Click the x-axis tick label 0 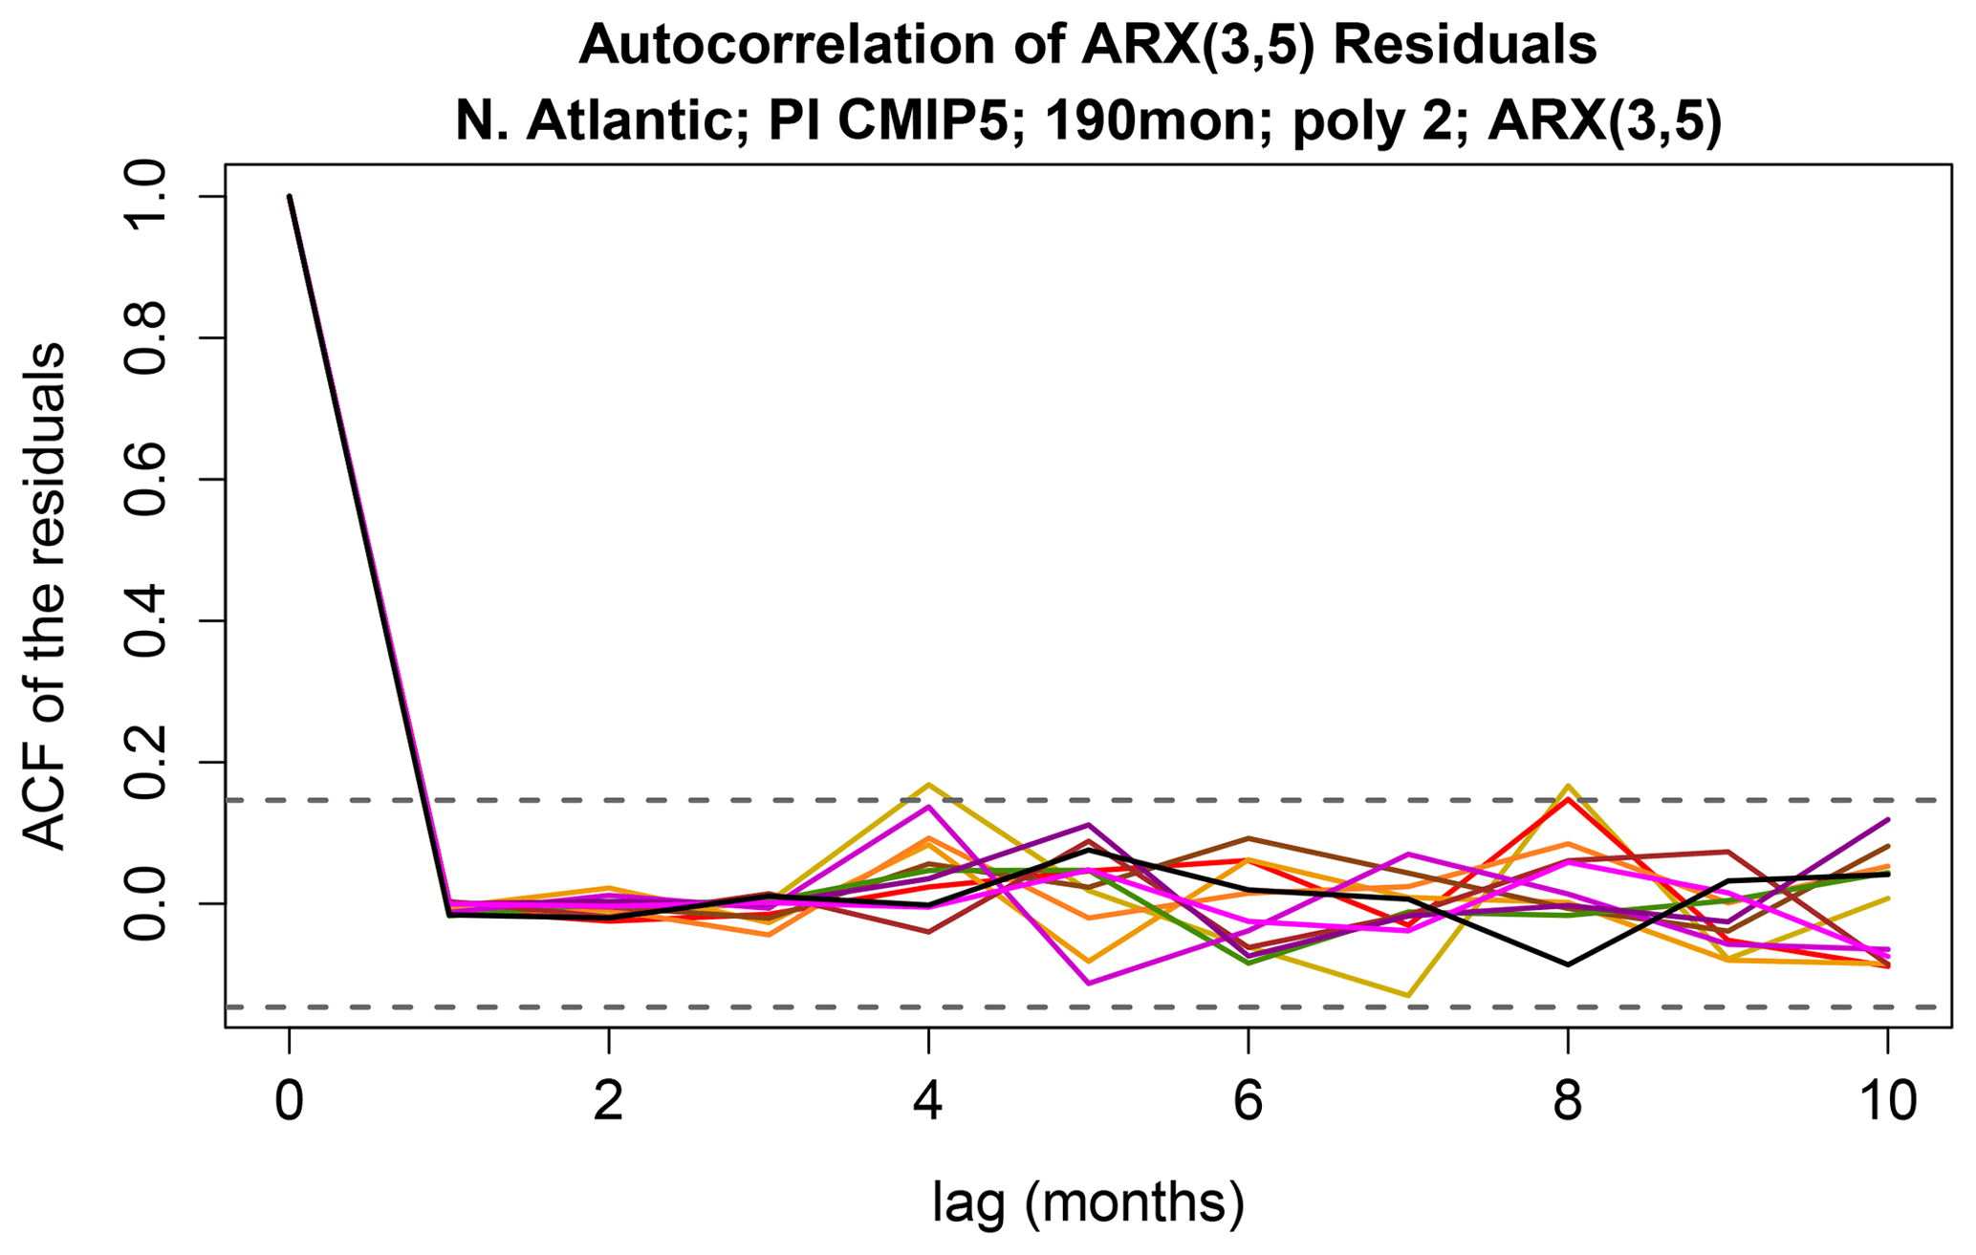pyautogui.click(x=289, y=1100)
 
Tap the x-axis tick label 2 pyautogui.click(x=608, y=1100)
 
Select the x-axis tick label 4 pyautogui.click(x=927, y=1100)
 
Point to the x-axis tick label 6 pyautogui.click(x=1248, y=1100)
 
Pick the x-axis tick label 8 pyautogui.click(x=1567, y=1100)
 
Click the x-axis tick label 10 pyautogui.click(x=1886, y=1100)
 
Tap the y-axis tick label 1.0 pyautogui.click(x=148, y=197)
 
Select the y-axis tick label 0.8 pyautogui.click(x=148, y=338)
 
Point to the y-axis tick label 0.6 pyautogui.click(x=148, y=480)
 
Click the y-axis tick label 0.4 pyautogui.click(x=148, y=621)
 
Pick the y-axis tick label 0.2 pyautogui.click(x=148, y=763)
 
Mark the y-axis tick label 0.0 pyautogui.click(x=148, y=903)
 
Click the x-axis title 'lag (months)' pyautogui.click(x=1088, y=1203)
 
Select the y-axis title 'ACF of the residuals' pyautogui.click(x=45, y=596)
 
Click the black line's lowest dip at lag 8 pyautogui.click(x=1567, y=964)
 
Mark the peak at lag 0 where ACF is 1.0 pyautogui.click(x=289, y=197)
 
